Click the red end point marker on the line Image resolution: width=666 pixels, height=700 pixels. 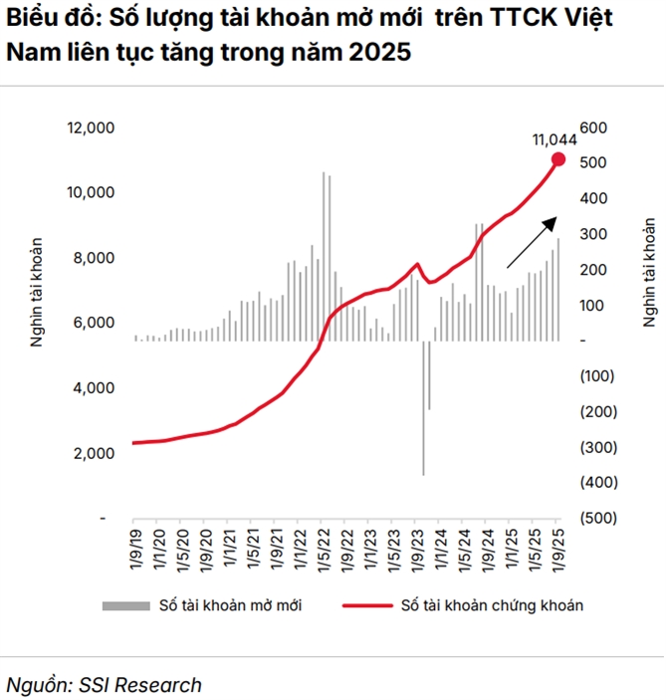pos(557,159)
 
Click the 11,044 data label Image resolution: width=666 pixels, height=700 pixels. pos(555,139)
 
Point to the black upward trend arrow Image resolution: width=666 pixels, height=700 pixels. pos(532,244)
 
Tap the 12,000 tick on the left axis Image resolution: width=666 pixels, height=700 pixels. pos(92,127)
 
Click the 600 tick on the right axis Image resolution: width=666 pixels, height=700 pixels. pos(593,127)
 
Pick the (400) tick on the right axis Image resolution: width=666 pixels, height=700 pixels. pos(596,482)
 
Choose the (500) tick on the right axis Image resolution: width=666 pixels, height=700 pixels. pos(596,518)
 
